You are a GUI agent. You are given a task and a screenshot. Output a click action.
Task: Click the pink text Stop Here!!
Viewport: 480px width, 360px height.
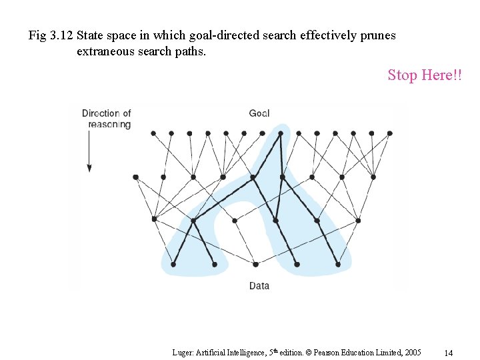tap(424, 75)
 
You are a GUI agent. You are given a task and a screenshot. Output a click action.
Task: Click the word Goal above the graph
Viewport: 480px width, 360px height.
tap(259, 113)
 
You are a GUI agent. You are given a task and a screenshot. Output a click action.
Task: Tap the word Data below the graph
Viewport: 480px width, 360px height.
tap(259, 285)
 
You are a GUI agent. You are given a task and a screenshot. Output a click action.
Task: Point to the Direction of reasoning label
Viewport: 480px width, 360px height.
tap(107, 119)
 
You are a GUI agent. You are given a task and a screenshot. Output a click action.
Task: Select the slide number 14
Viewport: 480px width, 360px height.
tap(448, 352)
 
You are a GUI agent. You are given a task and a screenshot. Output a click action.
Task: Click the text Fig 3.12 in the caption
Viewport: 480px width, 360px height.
tap(51, 35)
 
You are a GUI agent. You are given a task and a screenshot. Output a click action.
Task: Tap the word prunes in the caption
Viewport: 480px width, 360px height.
tap(377, 35)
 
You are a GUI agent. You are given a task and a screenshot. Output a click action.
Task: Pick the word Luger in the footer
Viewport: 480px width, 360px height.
tap(182, 352)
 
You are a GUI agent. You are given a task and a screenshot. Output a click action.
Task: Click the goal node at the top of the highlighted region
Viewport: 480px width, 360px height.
tap(280, 133)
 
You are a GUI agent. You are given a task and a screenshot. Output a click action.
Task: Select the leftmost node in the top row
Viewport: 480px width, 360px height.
tap(153, 133)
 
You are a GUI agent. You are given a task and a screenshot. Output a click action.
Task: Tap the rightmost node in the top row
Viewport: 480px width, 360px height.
tap(389, 133)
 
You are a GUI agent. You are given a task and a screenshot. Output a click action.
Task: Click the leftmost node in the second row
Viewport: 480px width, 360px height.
tap(135, 177)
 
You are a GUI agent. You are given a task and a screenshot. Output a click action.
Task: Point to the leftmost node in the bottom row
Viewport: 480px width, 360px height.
tap(173, 264)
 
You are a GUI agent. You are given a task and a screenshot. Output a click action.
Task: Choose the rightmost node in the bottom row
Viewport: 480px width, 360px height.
tap(338, 264)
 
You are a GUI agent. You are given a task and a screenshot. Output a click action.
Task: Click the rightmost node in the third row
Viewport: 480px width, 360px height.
tap(359, 220)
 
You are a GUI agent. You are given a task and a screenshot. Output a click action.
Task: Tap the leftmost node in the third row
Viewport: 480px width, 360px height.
tap(154, 219)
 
